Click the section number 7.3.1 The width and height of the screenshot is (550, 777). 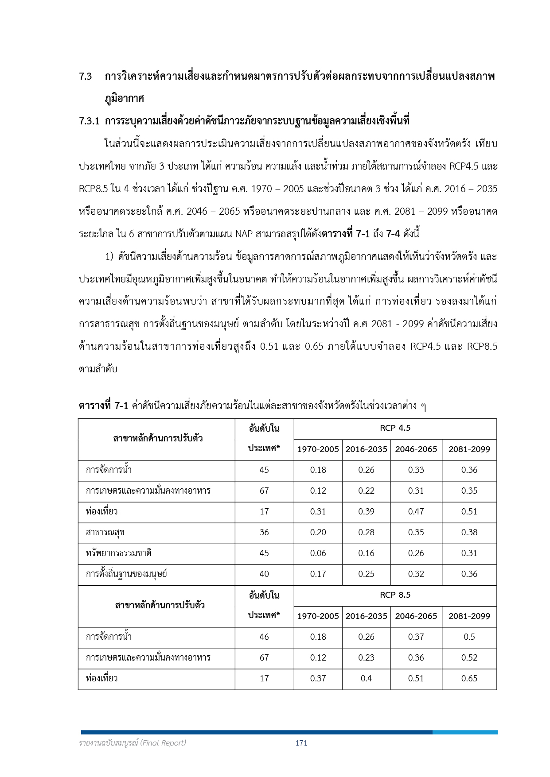tap(89, 121)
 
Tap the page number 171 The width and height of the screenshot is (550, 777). tap(301, 743)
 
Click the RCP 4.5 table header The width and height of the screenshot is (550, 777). tap(395, 428)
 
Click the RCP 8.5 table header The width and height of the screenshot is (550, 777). tap(395, 595)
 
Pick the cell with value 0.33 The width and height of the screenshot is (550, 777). tap(416, 470)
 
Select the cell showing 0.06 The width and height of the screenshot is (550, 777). tap(318, 553)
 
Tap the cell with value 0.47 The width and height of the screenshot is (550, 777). tap(416, 512)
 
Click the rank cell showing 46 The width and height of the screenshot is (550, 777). tap(264, 637)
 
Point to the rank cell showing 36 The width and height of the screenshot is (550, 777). tap(264, 533)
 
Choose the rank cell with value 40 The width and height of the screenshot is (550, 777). tap(264, 574)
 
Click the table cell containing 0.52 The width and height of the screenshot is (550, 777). tap(469, 658)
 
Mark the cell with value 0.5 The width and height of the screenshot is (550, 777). tap(469, 637)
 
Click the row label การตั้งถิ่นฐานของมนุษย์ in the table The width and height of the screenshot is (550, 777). tap(126, 574)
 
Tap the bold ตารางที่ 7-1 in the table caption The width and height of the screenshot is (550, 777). tap(103, 406)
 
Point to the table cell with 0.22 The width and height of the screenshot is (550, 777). tap(366, 491)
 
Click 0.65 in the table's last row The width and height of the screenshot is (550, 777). tap(469, 679)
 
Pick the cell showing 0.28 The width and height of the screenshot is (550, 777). tap(366, 533)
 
